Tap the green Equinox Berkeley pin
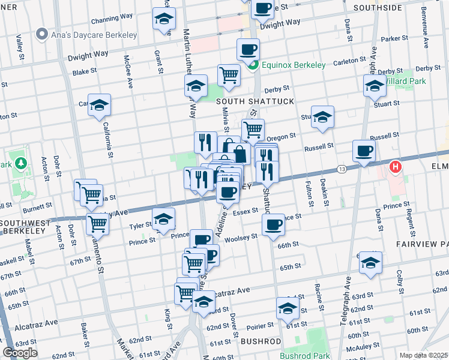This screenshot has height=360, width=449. pos(253,65)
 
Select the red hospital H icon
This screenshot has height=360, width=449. pos(395,166)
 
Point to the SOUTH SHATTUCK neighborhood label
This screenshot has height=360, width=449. pos(255,101)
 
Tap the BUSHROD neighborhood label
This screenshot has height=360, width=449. pos(261,341)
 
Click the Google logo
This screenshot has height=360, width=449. pos(20,353)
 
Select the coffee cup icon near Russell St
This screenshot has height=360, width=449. pos(364,151)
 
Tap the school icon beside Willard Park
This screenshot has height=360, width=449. pos(375,86)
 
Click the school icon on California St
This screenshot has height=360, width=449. pos(100,106)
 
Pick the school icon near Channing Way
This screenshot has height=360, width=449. pos(164,19)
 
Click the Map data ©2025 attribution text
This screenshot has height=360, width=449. pos(423,355)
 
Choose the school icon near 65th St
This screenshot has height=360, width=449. pos(370,263)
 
